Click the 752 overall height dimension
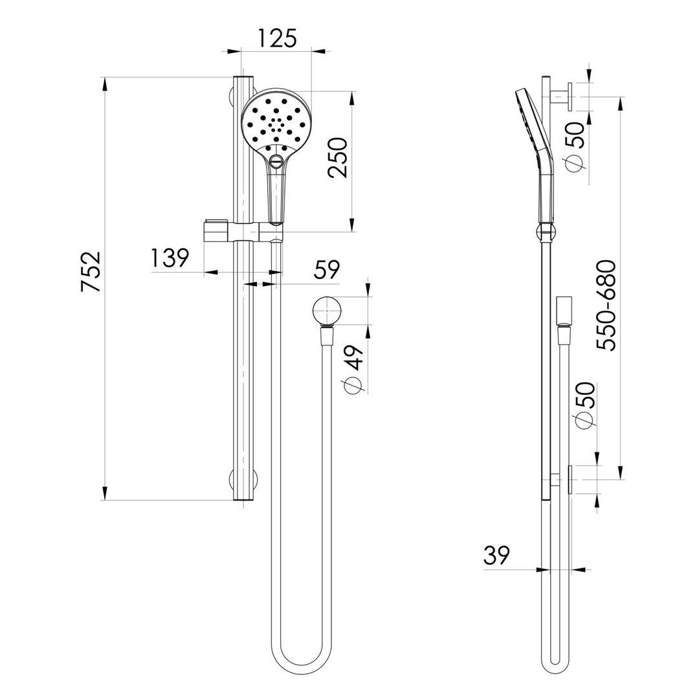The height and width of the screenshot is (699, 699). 91,271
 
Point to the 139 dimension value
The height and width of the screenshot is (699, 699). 170,258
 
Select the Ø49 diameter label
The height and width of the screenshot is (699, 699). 353,369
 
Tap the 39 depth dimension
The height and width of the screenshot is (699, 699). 496,555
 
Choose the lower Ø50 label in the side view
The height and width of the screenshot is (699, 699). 584,405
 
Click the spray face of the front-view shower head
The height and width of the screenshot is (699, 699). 276,120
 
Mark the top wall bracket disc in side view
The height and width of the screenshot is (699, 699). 568,96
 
